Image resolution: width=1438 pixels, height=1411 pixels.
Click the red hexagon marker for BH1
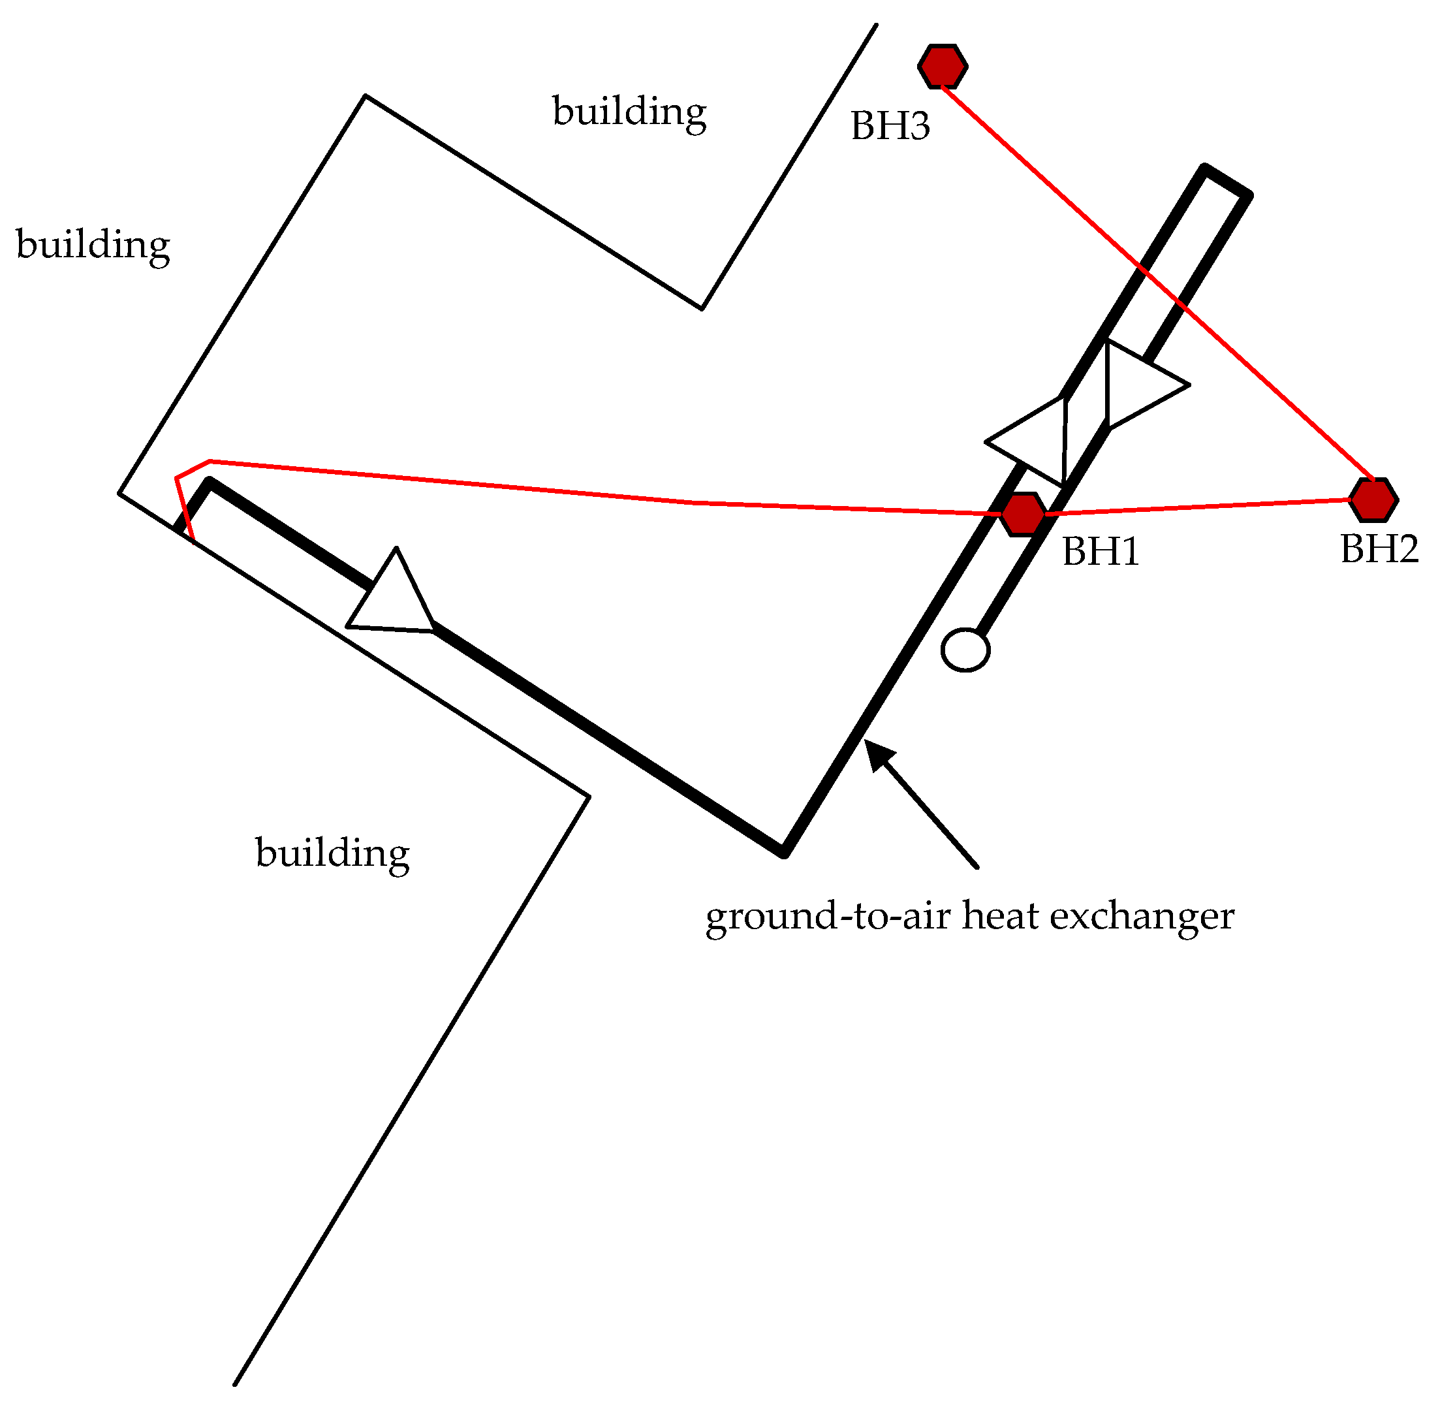[x=1023, y=514]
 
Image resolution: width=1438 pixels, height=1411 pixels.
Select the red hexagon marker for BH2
[x=1373, y=499]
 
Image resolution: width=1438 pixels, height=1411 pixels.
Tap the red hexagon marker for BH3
[x=943, y=66]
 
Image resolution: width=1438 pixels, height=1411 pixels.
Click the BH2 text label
[x=1379, y=549]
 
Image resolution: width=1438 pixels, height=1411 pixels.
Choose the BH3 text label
[x=890, y=125]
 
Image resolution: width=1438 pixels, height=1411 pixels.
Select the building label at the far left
[x=93, y=245]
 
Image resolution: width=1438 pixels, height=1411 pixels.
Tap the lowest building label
[x=332, y=853]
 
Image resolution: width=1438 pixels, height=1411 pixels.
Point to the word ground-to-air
[x=827, y=917]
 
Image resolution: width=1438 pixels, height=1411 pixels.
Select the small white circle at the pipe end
[x=965, y=650]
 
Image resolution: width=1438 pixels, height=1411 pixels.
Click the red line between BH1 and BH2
[x=1200, y=506]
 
